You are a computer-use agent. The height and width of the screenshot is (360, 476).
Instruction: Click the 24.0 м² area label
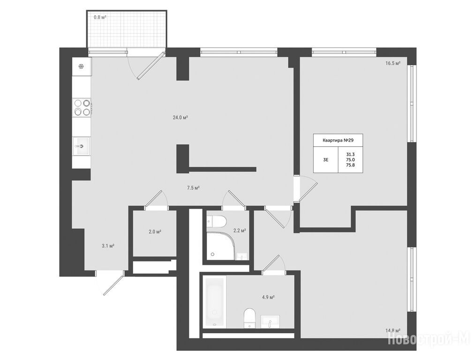tap(180, 118)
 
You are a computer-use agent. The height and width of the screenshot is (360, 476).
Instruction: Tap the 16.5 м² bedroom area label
tap(393, 63)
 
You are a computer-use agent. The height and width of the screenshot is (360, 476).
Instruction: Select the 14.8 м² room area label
tap(393, 330)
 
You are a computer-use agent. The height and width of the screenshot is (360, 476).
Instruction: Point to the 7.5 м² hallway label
tap(193, 188)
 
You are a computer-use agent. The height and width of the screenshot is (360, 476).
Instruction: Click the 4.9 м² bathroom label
tap(268, 297)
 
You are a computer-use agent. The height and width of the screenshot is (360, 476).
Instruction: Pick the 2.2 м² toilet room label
tap(240, 230)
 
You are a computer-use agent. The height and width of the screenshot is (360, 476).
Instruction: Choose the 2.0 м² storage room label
tap(155, 232)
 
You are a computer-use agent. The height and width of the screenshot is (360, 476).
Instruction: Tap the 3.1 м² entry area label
tap(108, 246)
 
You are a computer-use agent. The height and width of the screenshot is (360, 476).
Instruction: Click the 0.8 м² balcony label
tap(100, 17)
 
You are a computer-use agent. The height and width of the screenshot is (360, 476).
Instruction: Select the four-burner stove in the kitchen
tap(82, 107)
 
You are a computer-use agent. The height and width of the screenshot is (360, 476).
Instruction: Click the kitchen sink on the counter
tap(81, 146)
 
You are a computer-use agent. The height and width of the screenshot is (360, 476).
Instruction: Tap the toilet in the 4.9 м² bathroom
tap(250, 318)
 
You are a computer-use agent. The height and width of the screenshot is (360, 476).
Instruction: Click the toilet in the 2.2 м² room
tap(216, 221)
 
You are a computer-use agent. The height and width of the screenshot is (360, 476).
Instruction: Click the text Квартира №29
tap(338, 140)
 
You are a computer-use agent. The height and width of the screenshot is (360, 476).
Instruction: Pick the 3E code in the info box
tap(325, 160)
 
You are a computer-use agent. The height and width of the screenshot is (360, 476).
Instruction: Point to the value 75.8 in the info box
tap(350, 165)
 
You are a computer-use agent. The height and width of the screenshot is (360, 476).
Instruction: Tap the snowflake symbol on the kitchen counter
tap(81, 67)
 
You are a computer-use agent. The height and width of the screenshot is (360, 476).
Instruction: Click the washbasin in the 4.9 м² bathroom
tap(270, 322)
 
